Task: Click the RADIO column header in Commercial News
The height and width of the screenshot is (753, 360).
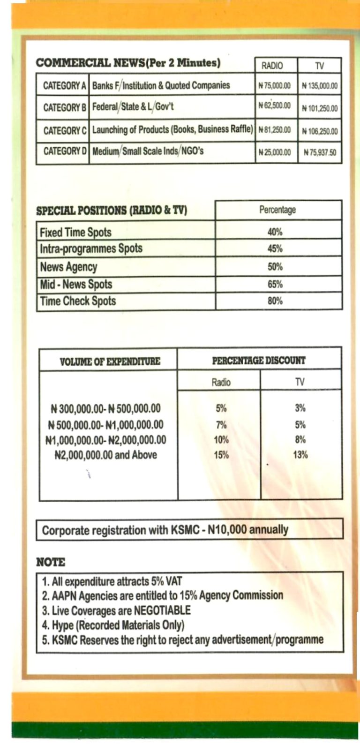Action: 272,66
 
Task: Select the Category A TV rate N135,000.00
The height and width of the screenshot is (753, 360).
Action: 320,86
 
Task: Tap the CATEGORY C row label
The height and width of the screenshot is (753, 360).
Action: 65,130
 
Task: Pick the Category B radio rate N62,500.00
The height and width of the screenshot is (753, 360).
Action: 275,106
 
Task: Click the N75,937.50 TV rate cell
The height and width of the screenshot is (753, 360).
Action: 320,152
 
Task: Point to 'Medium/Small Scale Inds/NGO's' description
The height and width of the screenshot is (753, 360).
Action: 148,151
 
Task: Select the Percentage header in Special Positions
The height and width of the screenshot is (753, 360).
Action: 277,210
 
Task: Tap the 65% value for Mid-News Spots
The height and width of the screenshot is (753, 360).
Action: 275,285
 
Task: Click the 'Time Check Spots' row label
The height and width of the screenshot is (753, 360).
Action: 78,301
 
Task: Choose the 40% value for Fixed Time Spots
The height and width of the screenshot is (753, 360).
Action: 275,232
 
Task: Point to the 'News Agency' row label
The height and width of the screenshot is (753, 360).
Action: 68,267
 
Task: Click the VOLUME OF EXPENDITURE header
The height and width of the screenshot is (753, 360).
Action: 110,361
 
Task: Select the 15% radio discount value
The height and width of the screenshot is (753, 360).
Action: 221,455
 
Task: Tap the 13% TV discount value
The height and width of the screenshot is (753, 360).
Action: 300,455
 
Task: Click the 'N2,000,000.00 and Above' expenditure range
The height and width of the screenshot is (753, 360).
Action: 106,455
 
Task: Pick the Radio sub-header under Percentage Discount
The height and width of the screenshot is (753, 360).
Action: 221,382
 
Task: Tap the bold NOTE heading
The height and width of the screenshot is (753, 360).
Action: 51,562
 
